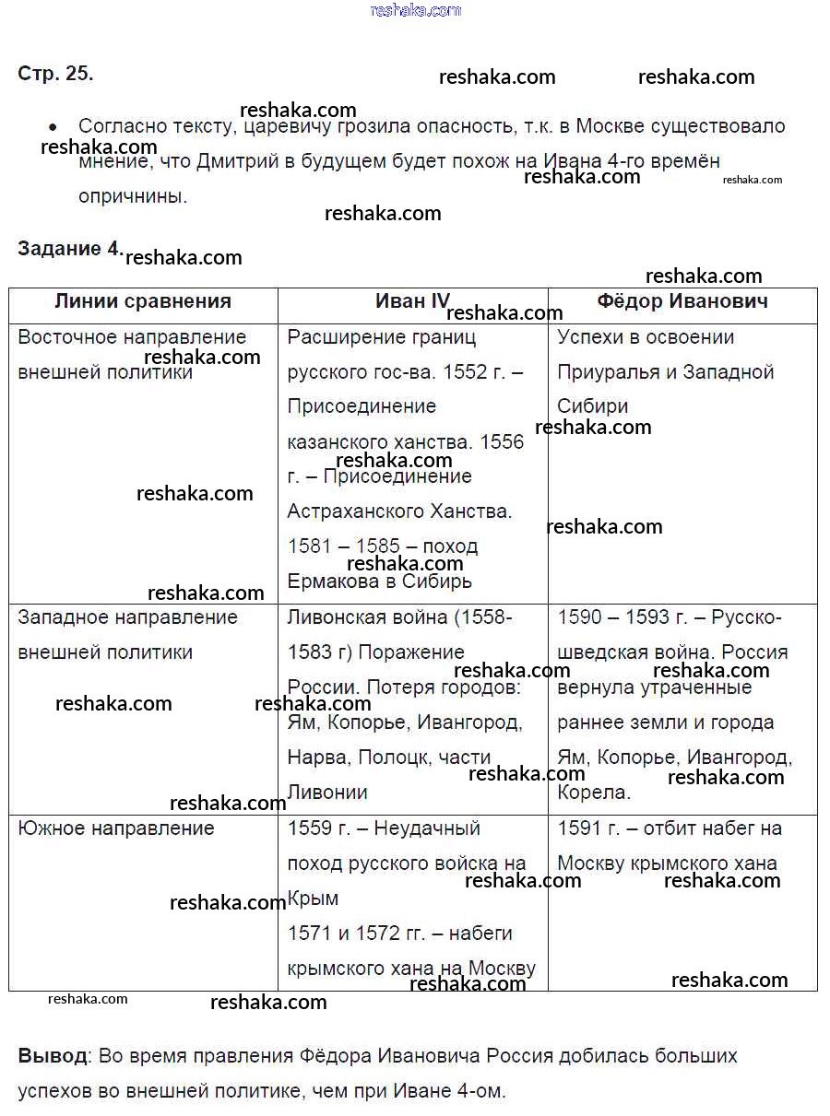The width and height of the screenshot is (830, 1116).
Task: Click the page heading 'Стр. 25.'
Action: [x=55, y=75]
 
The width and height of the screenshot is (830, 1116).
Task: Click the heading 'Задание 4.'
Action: [x=70, y=249]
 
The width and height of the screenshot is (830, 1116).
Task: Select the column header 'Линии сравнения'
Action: [x=143, y=301]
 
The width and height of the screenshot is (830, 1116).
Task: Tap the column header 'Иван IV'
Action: [x=412, y=301]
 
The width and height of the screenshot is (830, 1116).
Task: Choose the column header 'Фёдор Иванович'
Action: [x=682, y=301]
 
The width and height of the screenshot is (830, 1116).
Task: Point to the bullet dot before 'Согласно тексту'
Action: [x=53, y=127]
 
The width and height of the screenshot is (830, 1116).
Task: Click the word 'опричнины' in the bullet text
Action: [x=132, y=196]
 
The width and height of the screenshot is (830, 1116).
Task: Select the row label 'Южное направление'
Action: [x=116, y=828]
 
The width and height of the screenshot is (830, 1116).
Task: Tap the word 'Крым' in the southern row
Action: [x=313, y=899]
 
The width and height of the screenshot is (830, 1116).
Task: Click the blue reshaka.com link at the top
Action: [x=415, y=10]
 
